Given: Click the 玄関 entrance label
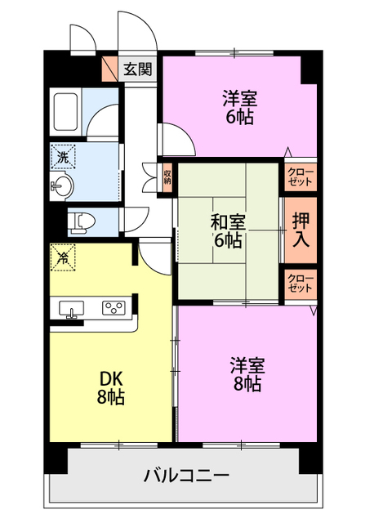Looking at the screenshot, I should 137,69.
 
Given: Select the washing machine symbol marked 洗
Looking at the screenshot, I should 63,155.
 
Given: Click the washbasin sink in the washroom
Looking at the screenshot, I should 63,186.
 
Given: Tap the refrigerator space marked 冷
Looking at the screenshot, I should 62,257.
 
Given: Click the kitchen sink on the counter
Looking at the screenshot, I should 72,309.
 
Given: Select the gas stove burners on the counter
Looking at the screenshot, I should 113,308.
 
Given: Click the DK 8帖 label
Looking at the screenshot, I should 112,388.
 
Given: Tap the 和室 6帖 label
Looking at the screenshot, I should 228,230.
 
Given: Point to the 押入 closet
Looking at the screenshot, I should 300,230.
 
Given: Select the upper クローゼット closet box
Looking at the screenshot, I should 300,176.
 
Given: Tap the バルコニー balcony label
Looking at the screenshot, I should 186,475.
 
